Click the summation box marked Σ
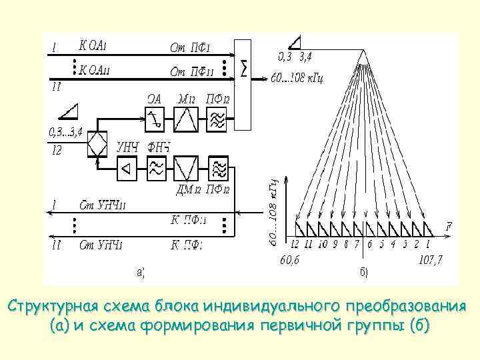245,83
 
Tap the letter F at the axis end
449,227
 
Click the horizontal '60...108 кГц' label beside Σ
297,79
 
